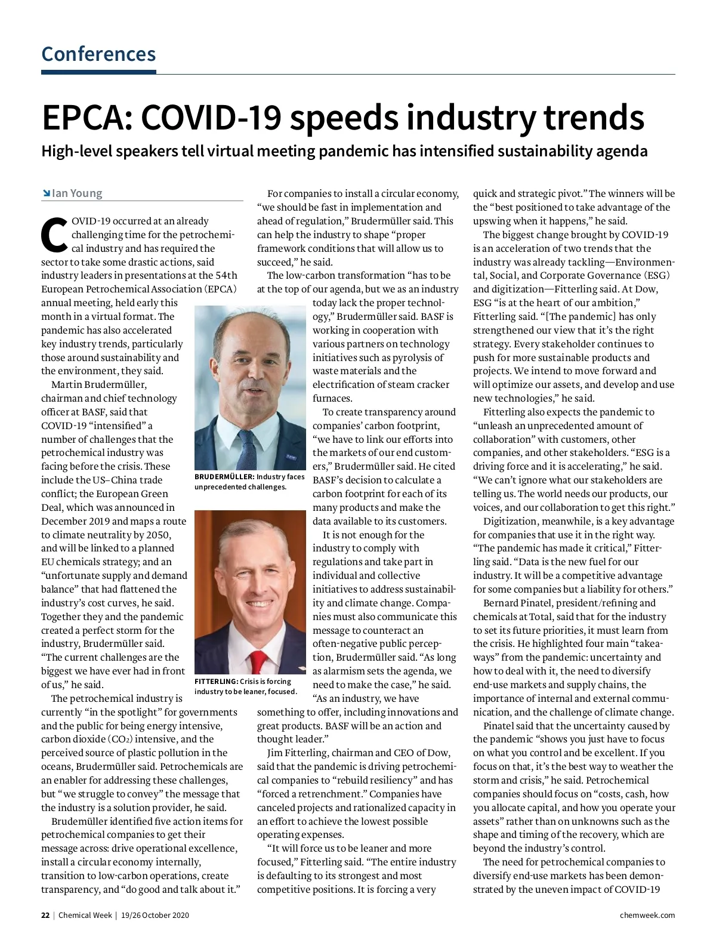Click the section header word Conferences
click(98, 54)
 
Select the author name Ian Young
click(77, 193)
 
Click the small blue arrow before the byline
click(46, 193)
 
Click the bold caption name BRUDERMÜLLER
click(224, 477)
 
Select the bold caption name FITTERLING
click(216, 682)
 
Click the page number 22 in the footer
click(45, 916)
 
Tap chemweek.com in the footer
click(647, 916)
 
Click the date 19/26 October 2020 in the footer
click(155, 916)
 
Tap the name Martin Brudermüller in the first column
click(99, 385)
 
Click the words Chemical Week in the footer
click(85, 916)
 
